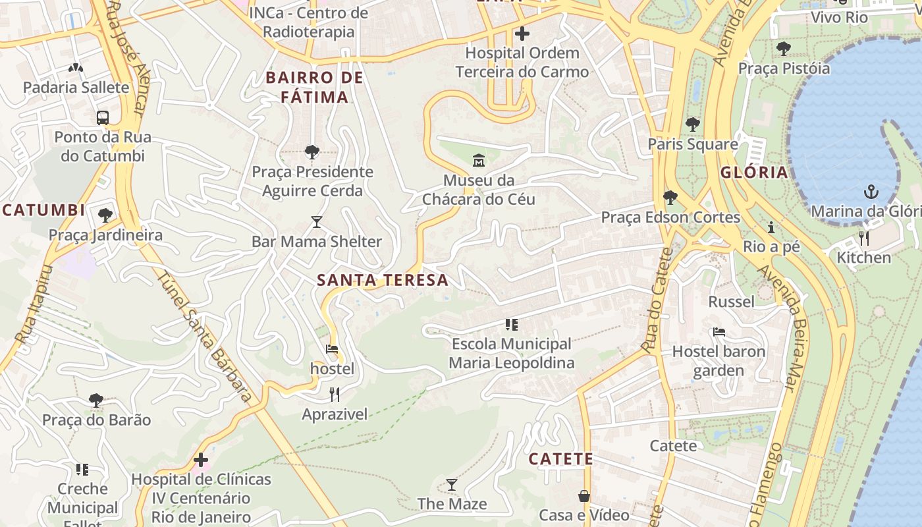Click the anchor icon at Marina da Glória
coord(871,192)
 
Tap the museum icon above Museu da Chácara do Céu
coord(479,160)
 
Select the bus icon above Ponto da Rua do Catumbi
coord(103,118)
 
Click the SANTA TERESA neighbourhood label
coord(383,280)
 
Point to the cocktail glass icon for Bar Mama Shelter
coord(317,222)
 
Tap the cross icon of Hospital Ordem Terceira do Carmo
coord(522,33)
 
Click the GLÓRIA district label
coord(754,173)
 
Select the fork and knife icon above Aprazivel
coord(335,395)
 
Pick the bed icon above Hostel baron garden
coord(719,332)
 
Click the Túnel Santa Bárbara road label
coord(203,335)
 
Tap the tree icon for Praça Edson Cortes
coord(670,197)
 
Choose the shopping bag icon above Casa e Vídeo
coord(584,495)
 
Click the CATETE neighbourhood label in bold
coord(561,458)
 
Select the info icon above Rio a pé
coord(771,227)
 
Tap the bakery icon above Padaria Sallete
coord(76,68)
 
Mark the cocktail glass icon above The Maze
coord(451,485)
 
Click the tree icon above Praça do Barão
coord(96,400)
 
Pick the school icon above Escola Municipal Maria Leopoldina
coord(511,324)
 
